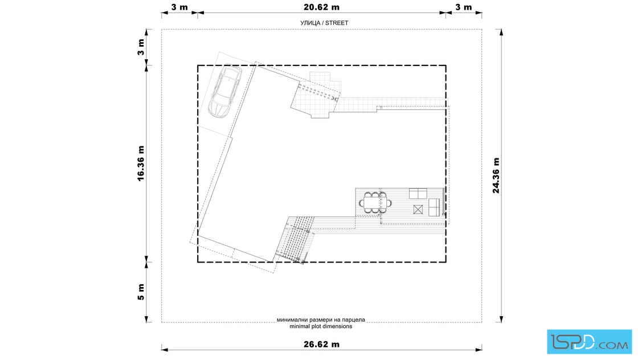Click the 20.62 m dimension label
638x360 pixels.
(x=321, y=7)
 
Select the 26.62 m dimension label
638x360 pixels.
(x=321, y=344)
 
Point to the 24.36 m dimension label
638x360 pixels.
(x=496, y=176)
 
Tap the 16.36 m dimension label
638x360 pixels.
(x=141, y=163)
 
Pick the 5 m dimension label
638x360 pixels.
(x=141, y=292)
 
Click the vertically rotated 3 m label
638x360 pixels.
(x=141, y=47)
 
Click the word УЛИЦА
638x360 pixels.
(x=310, y=23)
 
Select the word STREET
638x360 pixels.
(x=337, y=23)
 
